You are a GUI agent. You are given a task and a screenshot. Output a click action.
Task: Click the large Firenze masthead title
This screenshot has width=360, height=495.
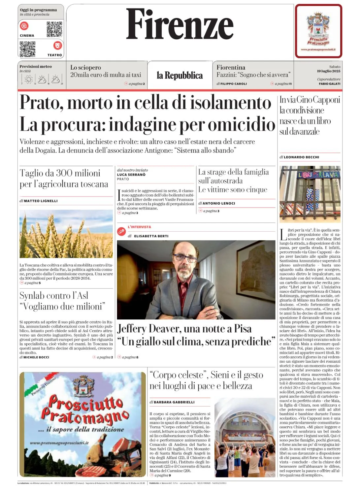(180, 25)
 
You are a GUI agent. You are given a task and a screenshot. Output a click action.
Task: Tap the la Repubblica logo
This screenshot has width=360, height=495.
(180, 76)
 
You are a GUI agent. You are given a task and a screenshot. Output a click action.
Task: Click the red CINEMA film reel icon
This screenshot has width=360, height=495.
(24, 26)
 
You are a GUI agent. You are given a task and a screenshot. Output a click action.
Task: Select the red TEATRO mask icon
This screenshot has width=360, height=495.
(57, 45)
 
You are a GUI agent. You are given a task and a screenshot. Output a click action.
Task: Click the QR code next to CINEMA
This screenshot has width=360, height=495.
(54, 29)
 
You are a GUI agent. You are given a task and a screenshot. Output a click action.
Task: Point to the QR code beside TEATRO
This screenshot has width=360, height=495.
(28, 49)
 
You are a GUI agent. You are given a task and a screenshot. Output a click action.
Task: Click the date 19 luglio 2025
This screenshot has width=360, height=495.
(329, 71)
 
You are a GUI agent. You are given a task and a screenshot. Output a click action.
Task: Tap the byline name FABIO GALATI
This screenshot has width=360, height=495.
(330, 84)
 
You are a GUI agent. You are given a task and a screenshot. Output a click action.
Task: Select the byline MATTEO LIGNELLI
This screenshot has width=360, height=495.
(41, 201)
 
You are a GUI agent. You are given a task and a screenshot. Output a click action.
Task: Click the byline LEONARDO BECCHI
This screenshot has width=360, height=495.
(301, 157)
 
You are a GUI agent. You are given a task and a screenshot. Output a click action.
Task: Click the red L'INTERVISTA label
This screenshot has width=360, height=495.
(139, 227)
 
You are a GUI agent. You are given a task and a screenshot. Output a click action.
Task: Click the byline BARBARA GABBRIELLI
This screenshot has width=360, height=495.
(174, 402)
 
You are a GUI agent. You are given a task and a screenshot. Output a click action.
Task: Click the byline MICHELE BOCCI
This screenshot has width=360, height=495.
(36, 357)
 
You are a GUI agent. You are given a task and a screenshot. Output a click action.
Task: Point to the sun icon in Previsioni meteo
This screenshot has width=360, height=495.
(29, 79)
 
